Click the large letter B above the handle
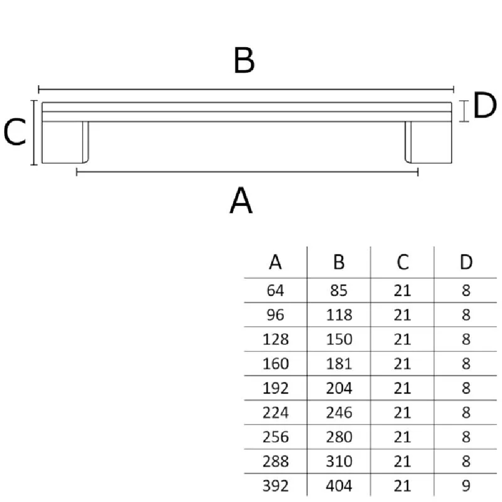click(x=244, y=61)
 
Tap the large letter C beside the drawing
click(x=15, y=133)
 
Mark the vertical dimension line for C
click(x=34, y=133)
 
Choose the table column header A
click(x=275, y=262)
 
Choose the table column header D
click(x=466, y=262)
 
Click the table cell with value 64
click(x=276, y=291)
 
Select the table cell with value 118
click(x=339, y=315)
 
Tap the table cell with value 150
click(x=339, y=339)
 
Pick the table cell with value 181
click(x=339, y=363)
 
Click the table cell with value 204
click(x=339, y=388)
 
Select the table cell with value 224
click(x=276, y=412)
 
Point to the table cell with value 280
click(x=339, y=437)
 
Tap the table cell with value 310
click(x=339, y=461)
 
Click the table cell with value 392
click(x=276, y=485)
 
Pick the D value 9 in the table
click(x=466, y=485)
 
